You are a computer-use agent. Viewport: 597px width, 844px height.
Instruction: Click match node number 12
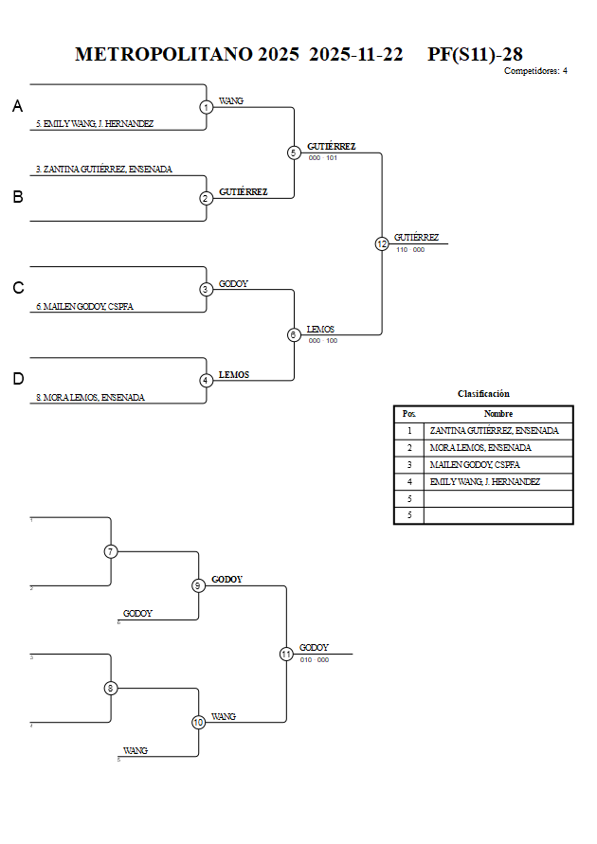(382, 243)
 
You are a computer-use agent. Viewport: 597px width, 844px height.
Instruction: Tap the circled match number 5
(294, 153)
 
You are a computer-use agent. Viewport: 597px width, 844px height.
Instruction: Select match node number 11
(286, 654)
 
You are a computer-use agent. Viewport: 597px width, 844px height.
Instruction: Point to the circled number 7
(111, 551)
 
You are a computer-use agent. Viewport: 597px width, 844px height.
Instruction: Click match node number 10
(198, 722)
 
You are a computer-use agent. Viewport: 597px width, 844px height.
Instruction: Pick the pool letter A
(17, 107)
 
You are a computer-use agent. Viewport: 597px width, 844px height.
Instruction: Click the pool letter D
(17, 379)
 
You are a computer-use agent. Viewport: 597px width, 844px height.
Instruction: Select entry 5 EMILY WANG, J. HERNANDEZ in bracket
(95, 124)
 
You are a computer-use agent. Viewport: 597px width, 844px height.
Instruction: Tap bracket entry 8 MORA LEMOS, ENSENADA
(90, 398)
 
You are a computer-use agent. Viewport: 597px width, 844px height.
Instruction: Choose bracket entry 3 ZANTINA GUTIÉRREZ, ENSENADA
(104, 170)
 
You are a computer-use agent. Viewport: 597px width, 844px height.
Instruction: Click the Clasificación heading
(483, 394)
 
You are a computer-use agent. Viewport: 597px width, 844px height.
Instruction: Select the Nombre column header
(497, 414)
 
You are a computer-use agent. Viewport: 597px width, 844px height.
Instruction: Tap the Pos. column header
(408, 414)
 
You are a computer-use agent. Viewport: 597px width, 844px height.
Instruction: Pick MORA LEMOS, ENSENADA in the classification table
(479, 448)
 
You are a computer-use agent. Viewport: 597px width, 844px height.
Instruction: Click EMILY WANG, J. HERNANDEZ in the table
(484, 482)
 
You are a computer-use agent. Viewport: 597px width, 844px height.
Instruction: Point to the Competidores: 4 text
(535, 71)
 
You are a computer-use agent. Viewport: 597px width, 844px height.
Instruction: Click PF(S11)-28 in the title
(475, 55)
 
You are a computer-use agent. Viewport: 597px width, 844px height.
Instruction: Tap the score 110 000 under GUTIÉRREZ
(410, 250)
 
